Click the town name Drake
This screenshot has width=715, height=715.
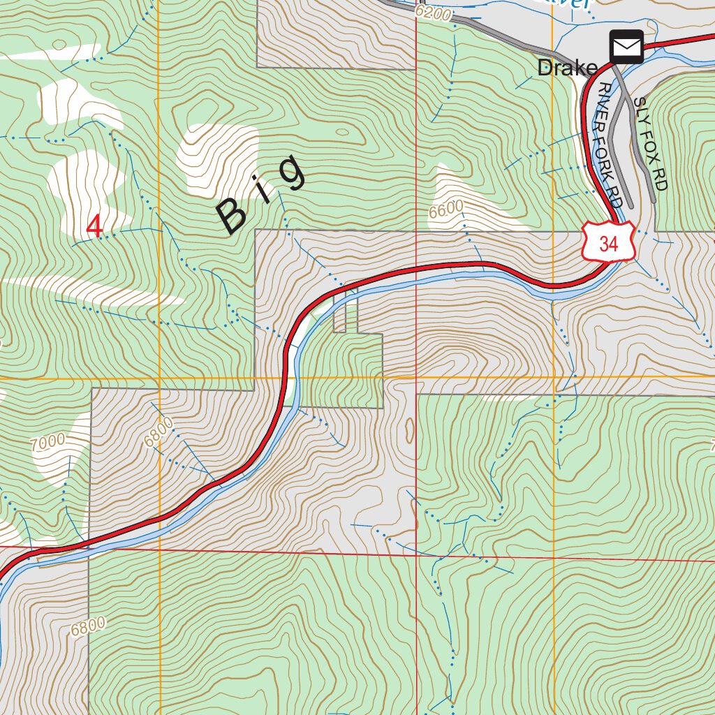(x=567, y=68)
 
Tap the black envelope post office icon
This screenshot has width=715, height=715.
(x=626, y=47)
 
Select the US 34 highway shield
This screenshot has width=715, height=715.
(x=608, y=244)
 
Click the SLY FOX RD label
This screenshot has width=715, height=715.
(x=651, y=143)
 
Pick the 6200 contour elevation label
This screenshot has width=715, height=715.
(x=433, y=12)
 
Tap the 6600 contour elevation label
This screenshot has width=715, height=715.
(x=447, y=210)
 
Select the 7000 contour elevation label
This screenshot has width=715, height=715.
(x=48, y=441)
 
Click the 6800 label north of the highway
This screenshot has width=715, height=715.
(x=158, y=433)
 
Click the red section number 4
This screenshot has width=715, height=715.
(x=94, y=226)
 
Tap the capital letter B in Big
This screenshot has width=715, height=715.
(x=233, y=216)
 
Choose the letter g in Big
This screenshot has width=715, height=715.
(x=292, y=172)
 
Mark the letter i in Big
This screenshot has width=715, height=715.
(x=265, y=193)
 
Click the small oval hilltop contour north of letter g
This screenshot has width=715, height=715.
(x=341, y=131)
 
